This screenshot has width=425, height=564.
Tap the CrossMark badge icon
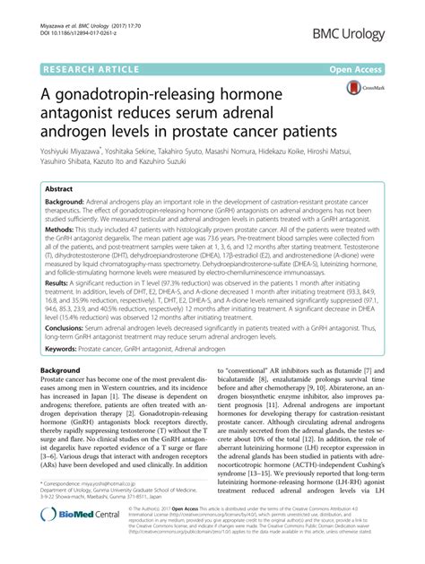coord(360,89)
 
